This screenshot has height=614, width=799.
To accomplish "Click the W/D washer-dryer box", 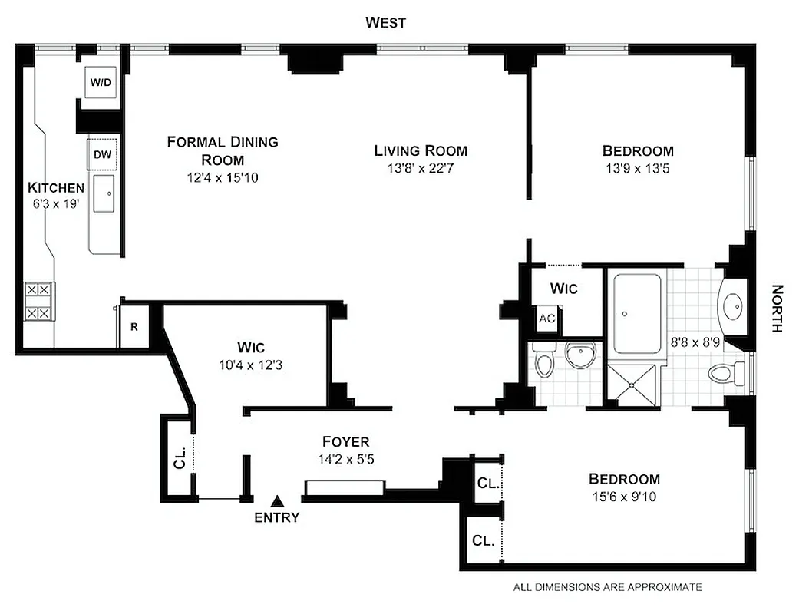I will pyautogui.click(x=101, y=83).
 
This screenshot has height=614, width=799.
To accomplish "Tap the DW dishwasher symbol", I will pyautogui.click(x=102, y=154).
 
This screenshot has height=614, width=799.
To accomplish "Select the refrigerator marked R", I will pyautogui.click(x=134, y=327).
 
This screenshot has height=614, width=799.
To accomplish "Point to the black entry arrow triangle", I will pyautogui.click(x=277, y=500).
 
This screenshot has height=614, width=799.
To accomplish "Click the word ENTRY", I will pyautogui.click(x=276, y=518).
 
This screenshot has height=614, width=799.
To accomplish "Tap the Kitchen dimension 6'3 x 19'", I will pyautogui.click(x=55, y=205).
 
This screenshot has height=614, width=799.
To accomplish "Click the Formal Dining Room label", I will pyautogui.click(x=223, y=150).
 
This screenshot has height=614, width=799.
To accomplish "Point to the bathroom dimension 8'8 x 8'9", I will pyautogui.click(x=696, y=343).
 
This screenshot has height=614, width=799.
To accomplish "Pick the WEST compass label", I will pyautogui.click(x=385, y=22).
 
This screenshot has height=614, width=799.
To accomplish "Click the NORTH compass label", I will pyautogui.click(x=777, y=309).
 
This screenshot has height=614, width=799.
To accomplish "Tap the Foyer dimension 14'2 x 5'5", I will pyautogui.click(x=345, y=458).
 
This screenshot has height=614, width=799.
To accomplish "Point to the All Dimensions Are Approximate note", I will pyautogui.click(x=607, y=587).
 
